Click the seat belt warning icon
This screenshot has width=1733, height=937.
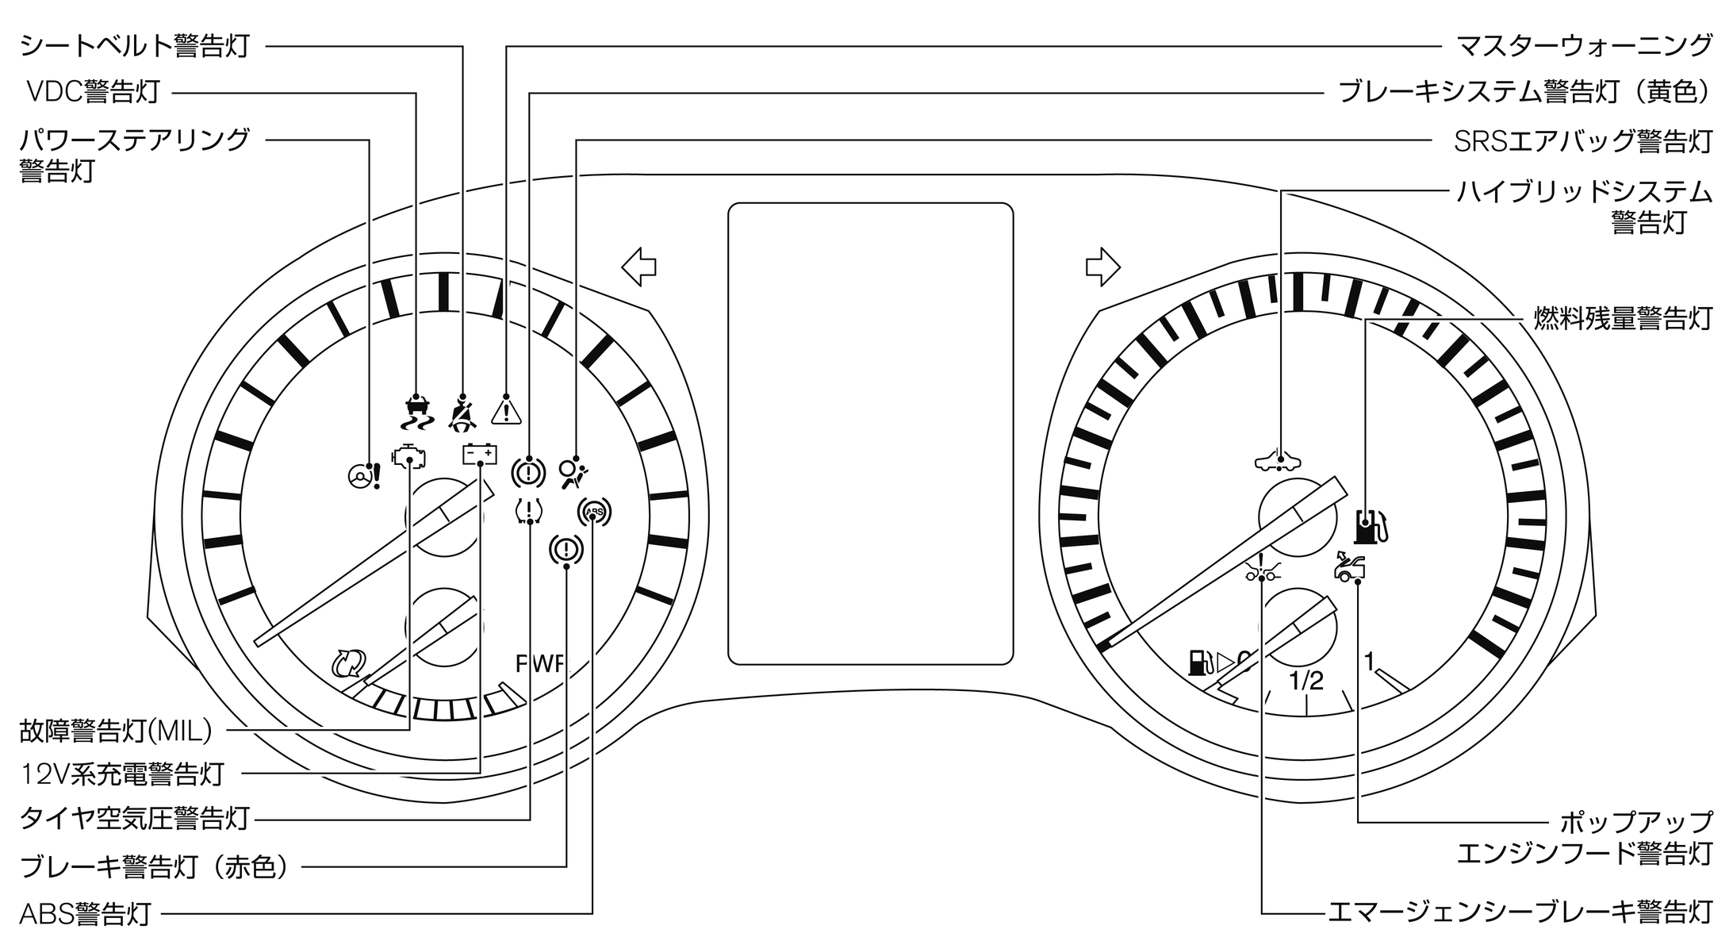coord(462,413)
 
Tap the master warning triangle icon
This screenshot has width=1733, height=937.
coord(506,410)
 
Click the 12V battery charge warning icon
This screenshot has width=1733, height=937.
coord(481,455)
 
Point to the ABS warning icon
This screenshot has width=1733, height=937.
coord(594,513)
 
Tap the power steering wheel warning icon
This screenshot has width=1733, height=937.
coord(365,474)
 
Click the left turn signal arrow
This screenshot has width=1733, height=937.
coord(638,267)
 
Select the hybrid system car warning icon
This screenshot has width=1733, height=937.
coord(1279,461)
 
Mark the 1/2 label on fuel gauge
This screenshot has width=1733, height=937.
coord(1306,681)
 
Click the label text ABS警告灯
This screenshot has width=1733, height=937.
coord(86,913)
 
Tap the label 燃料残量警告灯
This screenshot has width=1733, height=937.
coord(1623,318)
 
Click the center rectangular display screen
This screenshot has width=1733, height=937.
coord(870,433)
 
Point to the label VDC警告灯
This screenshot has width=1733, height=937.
coord(93,92)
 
